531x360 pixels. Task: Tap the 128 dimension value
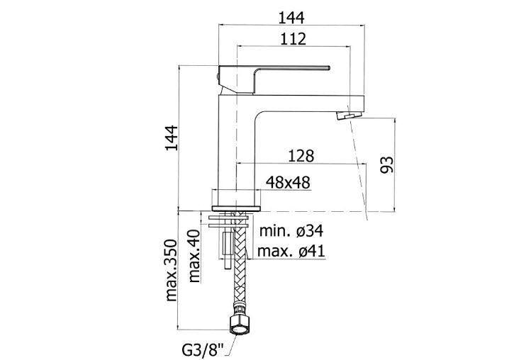pyautogui.click(x=301, y=155)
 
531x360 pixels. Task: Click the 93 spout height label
pyautogui.click(x=386, y=164)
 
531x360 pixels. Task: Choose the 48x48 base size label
pyautogui.click(x=288, y=183)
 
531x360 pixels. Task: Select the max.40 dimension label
pyautogui.click(x=195, y=255)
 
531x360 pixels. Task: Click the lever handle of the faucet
pyautogui.click(x=284, y=70)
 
